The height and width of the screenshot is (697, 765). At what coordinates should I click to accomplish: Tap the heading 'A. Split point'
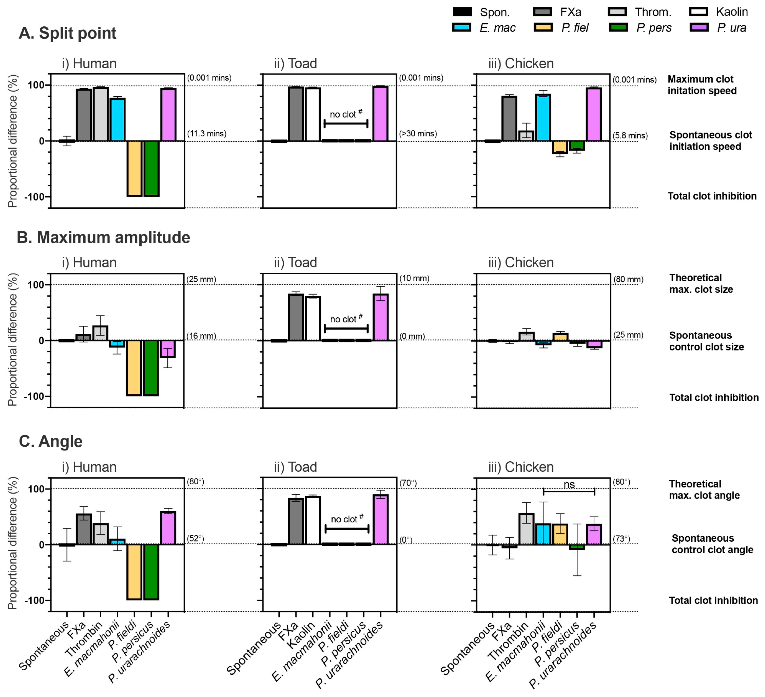(68, 33)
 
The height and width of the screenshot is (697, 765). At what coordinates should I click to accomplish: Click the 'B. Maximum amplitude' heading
(103, 238)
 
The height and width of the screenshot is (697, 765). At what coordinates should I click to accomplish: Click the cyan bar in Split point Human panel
(118, 120)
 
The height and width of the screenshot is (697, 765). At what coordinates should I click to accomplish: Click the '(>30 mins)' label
(418, 134)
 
